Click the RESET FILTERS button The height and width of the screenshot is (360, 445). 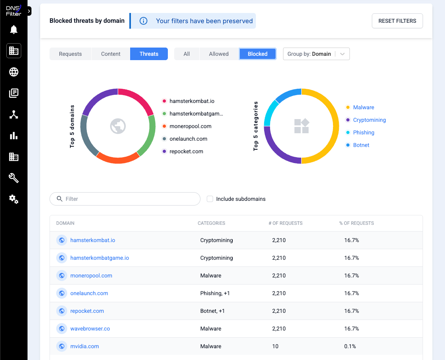click(x=397, y=21)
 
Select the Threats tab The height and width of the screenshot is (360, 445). click(x=149, y=54)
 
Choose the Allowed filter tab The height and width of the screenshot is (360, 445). click(x=219, y=54)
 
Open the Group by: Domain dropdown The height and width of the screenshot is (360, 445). click(x=316, y=54)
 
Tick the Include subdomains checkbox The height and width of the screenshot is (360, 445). click(x=210, y=199)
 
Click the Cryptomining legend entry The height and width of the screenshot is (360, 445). click(x=369, y=120)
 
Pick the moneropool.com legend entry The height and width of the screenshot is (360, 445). click(x=190, y=126)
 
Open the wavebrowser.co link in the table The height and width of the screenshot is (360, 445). click(x=90, y=329)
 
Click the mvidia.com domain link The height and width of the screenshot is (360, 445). click(x=85, y=346)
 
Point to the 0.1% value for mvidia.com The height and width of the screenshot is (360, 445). click(x=350, y=346)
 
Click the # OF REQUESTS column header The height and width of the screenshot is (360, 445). click(x=285, y=223)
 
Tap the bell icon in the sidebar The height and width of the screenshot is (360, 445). click(x=14, y=29)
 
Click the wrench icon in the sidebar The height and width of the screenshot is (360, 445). click(x=14, y=178)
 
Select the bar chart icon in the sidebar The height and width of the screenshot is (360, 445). click(x=14, y=136)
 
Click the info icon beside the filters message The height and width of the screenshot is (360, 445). click(x=143, y=21)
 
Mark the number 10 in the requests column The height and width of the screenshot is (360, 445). click(x=275, y=346)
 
